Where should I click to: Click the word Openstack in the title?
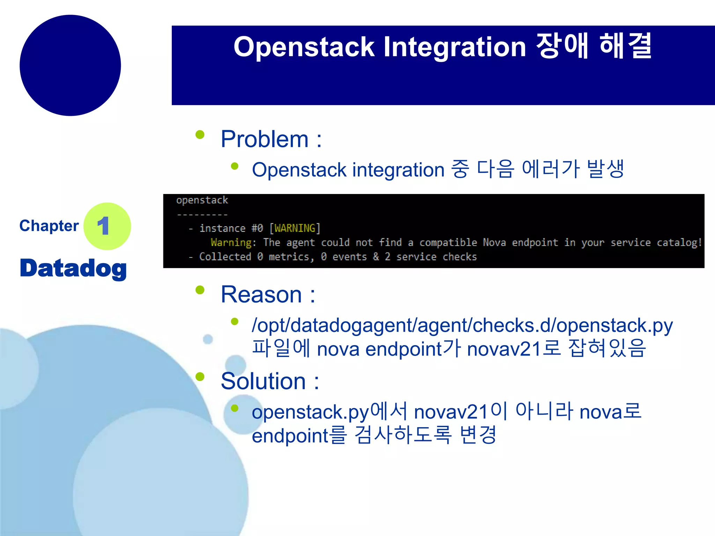click(304, 47)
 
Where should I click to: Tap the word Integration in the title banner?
click(455, 47)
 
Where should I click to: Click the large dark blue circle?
click(70, 65)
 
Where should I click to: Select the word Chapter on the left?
click(49, 226)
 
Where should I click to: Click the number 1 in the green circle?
click(104, 226)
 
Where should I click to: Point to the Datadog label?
click(73, 268)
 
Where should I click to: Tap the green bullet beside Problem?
click(200, 135)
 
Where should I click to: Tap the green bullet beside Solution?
click(200, 377)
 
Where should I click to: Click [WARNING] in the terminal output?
click(295, 228)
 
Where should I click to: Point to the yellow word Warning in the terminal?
click(231, 243)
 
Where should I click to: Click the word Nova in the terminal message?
click(494, 243)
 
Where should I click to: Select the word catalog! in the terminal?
click(679, 243)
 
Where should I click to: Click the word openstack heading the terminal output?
click(202, 200)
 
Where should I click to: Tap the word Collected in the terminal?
click(225, 257)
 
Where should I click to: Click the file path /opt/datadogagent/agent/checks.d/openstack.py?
click(462, 325)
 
